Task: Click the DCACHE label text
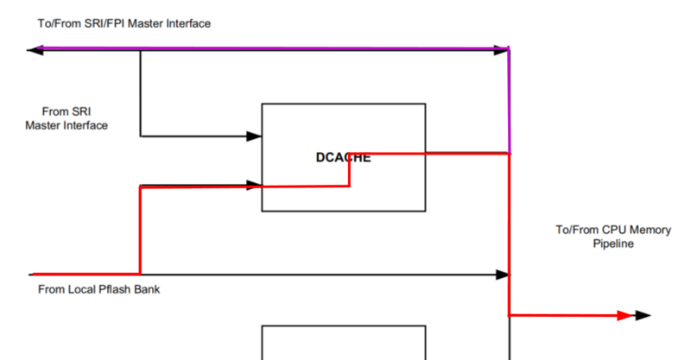pos(343,157)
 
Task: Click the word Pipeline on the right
pos(613,244)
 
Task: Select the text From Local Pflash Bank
pos(98,289)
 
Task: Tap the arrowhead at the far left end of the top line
pos(35,51)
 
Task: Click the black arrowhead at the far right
pos(643,316)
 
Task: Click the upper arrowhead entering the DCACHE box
pos(254,136)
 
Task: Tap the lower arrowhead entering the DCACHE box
pos(254,184)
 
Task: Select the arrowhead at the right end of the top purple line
pos(501,51)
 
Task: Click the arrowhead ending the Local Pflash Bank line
pos(502,275)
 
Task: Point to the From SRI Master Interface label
pos(66,118)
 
